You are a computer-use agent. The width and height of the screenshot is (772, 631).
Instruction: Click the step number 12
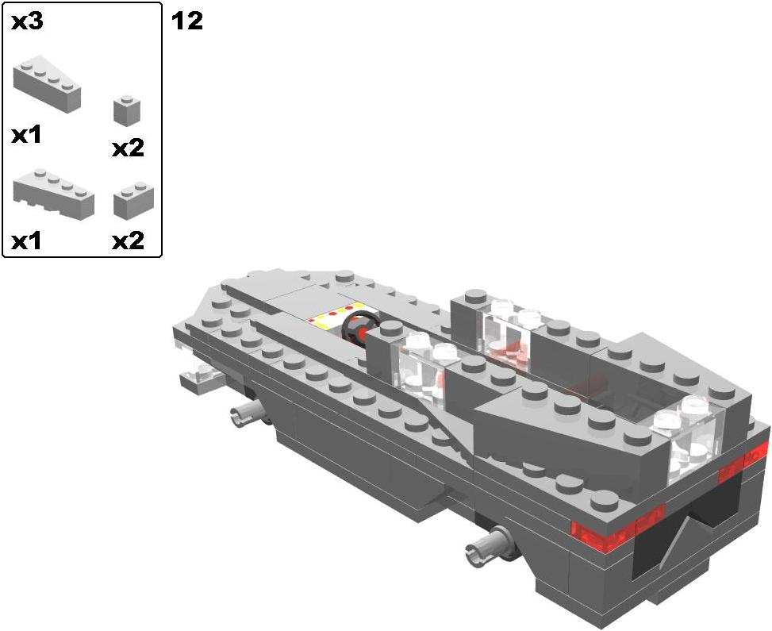click(x=187, y=21)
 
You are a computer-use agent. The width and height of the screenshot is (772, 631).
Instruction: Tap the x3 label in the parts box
click(x=27, y=21)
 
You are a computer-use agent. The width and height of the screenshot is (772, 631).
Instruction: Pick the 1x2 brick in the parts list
click(x=133, y=199)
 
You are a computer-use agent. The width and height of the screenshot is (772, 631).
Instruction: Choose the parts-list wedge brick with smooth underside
click(x=47, y=84)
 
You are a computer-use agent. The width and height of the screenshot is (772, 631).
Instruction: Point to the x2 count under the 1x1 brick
click(x=128, y=148)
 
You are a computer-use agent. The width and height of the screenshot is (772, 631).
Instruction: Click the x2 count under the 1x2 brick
click(x=128, y=240)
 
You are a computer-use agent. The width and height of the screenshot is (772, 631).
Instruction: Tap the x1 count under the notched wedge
click(x=27, y=240)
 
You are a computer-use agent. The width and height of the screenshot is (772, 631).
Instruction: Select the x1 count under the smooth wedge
click(x=27, y=135)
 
